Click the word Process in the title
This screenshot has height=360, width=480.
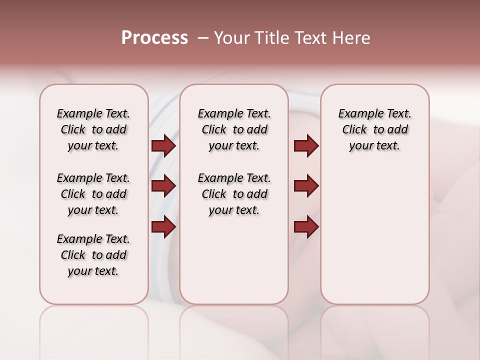tap(154, 38)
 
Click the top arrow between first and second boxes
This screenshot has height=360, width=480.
tap(163, 145)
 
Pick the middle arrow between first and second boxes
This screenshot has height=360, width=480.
tap(163, 186)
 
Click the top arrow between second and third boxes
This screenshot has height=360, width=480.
tap(306, 145)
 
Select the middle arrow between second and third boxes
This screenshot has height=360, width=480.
tap(306, 186)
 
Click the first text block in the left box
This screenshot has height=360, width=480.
tap(93, 129)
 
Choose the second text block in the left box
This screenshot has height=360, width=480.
tap(93, 194)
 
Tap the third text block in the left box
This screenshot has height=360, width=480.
tap(93, 255)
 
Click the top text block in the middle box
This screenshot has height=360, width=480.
tap(234, 129)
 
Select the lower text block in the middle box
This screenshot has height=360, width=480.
tap(234, 194)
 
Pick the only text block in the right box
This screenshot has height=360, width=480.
tap(374, 129)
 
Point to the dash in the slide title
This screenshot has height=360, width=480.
tap(203, 38)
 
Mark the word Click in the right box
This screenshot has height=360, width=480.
tap(354, 130)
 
